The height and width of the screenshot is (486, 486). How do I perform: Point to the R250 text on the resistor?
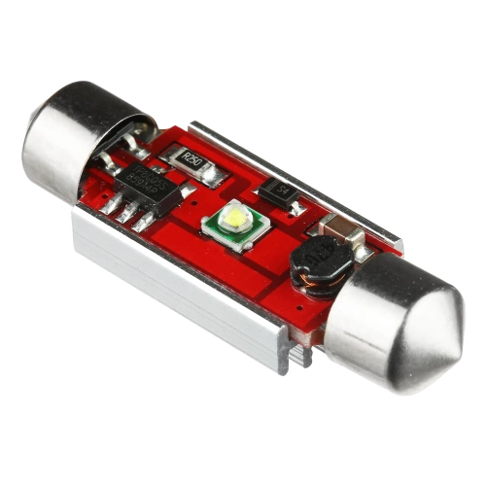(191, 161)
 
